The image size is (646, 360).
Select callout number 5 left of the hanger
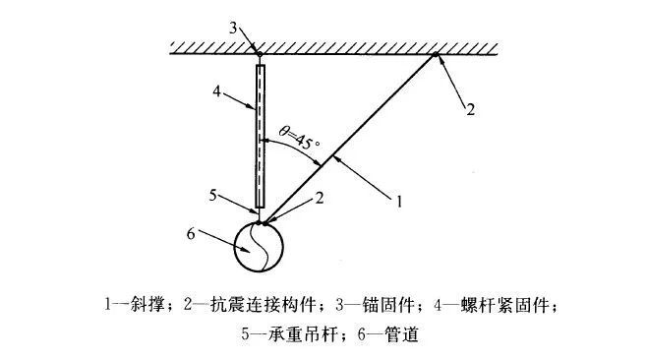(x=215, y=194)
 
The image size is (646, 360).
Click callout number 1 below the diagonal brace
(x=400, y=204)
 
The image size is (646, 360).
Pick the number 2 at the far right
(x=470, y=109)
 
